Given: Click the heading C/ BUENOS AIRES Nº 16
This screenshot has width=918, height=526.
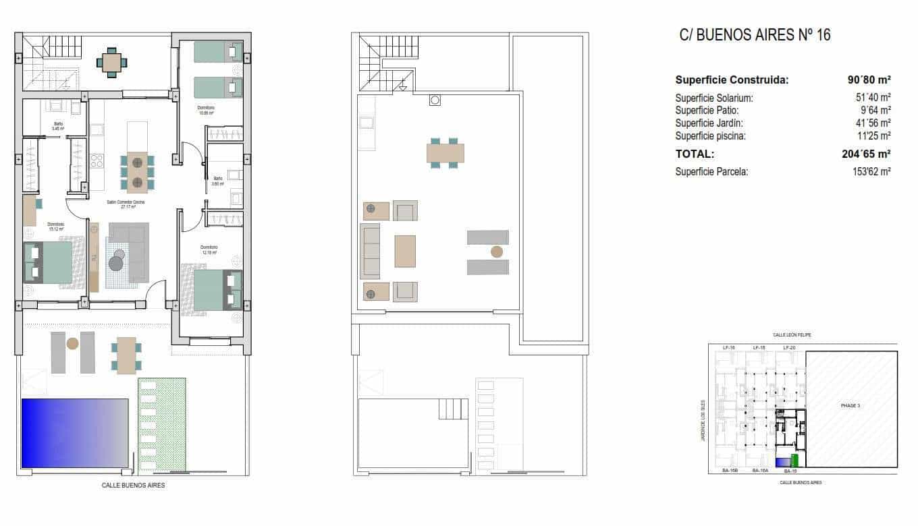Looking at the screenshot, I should click(x=755, y=35).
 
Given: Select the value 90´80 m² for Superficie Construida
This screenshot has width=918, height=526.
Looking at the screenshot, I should click(x=869, y=80).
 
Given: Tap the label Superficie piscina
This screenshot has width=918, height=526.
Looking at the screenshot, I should click(x=710, y=136).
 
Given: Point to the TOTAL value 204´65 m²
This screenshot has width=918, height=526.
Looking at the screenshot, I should click(x=861, y=154).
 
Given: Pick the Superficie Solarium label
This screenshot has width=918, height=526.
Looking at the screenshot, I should click(x=713, y=98).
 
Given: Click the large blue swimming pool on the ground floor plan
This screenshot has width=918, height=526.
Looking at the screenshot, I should click(x=74, y=433).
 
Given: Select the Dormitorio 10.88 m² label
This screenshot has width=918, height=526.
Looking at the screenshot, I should click(x=206, y=110).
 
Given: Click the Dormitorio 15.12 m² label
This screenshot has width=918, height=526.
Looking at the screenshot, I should click(x=55, y=226).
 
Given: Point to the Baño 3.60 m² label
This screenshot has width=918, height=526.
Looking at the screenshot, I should click(x=217, y=181).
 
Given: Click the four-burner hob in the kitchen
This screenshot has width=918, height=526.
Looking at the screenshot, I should click(x=97, y=160).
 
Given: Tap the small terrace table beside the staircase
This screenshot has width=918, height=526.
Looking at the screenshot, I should click(x=111, y=62).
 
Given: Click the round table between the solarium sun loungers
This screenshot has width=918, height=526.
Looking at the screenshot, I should click(x=497, y=252).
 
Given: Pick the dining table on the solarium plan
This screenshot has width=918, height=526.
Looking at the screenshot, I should click(x=445, y=153).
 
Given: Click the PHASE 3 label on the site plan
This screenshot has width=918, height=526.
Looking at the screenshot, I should click(x=850, y=405).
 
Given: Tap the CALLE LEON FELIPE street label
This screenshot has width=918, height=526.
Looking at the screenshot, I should click(x=792, y=334).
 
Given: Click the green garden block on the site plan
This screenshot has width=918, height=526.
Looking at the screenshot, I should click(x=794, y=460).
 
